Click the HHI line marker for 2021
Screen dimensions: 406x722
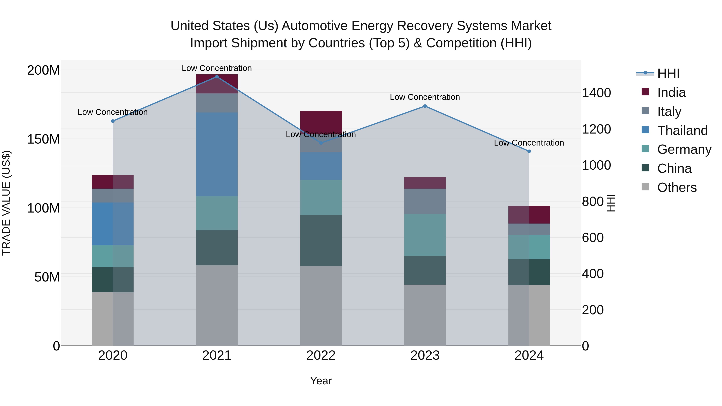tap(217, 77)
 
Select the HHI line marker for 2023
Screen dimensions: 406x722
tap(425, 106)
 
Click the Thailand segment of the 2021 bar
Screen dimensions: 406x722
tap(217, 154)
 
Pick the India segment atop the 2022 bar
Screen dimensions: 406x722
tap(321, 120)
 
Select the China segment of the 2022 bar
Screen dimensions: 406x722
tap(321, 240)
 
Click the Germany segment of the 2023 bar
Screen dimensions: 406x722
tap(425, 235)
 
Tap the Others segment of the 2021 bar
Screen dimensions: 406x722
tap(217, 305)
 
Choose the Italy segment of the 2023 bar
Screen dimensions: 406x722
tap(425, 201)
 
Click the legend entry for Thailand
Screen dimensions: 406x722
tap(682, 131)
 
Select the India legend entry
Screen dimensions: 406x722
tap(671, 92)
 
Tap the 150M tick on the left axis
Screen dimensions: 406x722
tap(44, 139)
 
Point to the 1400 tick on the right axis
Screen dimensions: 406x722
tap(596, 93)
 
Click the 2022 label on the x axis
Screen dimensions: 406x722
tap(321, 355)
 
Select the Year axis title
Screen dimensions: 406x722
tap(321, 381)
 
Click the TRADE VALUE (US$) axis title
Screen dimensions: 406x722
tap(6, 203)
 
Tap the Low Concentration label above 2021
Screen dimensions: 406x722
tap(217, 68)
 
